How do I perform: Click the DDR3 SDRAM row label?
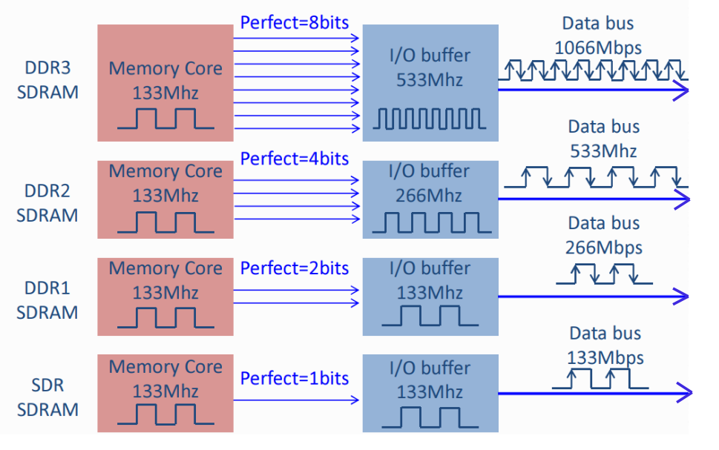click(47, 80)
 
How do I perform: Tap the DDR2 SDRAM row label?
click(47, 203)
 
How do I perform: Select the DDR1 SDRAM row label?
click(47, 299)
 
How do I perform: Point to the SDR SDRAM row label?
click(47, 397)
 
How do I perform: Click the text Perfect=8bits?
click(295, 22)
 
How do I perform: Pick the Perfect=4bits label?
click(295, 158)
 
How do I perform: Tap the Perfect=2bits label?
click(295, 268)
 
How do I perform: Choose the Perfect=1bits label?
click(295, 378)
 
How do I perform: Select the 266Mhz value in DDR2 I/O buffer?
click(430, 196)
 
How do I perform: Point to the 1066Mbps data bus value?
click(598, 47)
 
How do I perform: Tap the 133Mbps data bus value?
click(605, 357)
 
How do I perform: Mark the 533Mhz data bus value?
click(603, 150)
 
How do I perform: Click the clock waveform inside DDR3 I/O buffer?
click(430, 119)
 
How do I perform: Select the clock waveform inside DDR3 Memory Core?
click(165, 119)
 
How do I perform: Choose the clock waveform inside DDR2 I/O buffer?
click(430, 222)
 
